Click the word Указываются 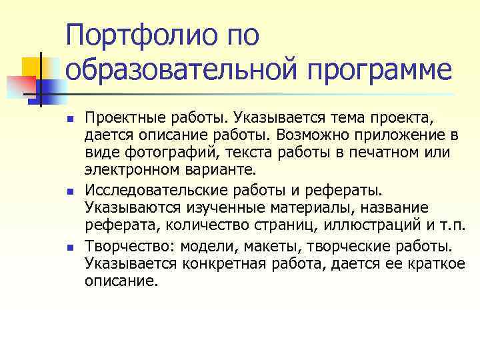coord(124,208)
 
